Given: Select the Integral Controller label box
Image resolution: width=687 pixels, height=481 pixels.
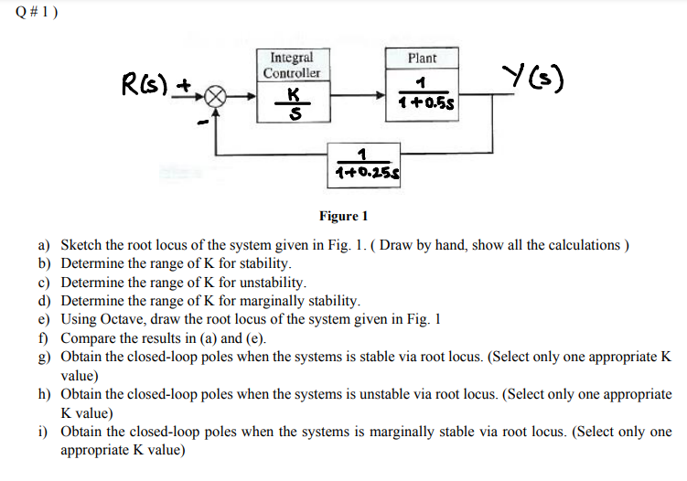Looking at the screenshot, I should click(292, 65).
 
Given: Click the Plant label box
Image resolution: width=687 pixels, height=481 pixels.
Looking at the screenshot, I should click(422, 59).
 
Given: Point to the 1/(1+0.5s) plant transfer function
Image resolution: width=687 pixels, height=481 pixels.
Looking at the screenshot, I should click(422, 94).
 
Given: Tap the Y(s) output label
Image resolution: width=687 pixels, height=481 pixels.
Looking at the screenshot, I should click(534, 79).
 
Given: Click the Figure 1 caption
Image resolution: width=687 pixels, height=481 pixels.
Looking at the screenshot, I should click(343, 217).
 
